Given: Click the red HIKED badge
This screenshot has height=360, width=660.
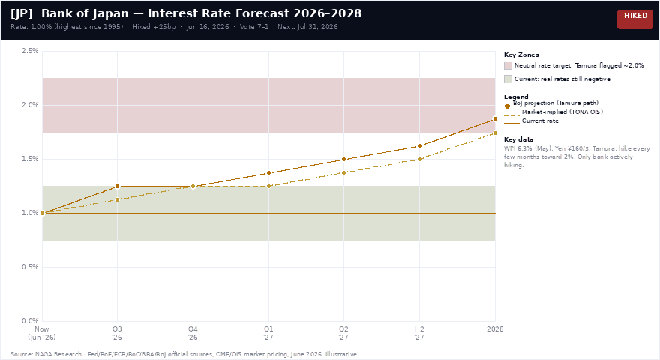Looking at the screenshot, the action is (x=635, y=19).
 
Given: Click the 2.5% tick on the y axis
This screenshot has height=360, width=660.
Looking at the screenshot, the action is (x=30, y=51).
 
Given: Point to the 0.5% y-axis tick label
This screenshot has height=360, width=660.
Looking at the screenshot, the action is (x=30, y=267).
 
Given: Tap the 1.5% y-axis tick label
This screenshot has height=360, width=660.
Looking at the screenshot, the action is (x=30, y=159).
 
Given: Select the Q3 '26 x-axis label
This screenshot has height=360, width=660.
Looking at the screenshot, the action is (x=117, y=333).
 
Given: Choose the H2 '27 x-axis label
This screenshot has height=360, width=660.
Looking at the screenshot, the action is (x=419, y=333).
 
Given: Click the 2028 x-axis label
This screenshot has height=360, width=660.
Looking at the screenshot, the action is (x=495, y=329).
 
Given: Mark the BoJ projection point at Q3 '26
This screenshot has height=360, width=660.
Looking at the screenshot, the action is (x=118, y=187).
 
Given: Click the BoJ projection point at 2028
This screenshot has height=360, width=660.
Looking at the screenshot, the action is (x=495, y=119).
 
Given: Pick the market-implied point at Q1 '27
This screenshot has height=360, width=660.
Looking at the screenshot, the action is (x=268, y=187).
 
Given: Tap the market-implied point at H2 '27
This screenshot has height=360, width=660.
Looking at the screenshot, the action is (x=419, y=160).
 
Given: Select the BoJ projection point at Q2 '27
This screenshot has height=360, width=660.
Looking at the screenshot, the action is (x=344, y=160).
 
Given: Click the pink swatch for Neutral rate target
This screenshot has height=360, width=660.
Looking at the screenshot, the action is (x=508, y=66).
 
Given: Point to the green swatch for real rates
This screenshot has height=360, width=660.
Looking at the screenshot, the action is (x=508, y=79).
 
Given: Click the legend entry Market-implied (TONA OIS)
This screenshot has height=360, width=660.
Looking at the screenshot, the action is (x=553, y=112).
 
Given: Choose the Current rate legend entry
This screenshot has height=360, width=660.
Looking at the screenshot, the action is (x=531, y=121).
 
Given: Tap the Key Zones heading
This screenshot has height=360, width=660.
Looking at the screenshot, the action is (x=521, y=55).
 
